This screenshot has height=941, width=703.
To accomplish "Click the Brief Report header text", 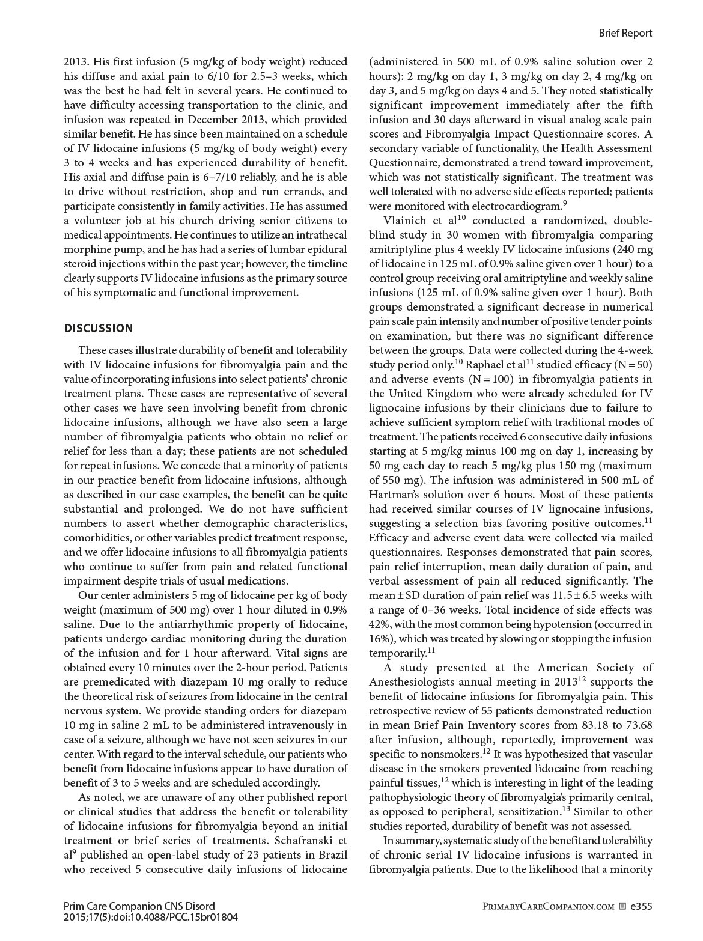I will coord(625,33).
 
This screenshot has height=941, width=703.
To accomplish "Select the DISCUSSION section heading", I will coord(99,328).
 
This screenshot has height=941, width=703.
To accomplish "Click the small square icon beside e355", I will coord(622,906).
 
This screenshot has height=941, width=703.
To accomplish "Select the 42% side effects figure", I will coord(380,624).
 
